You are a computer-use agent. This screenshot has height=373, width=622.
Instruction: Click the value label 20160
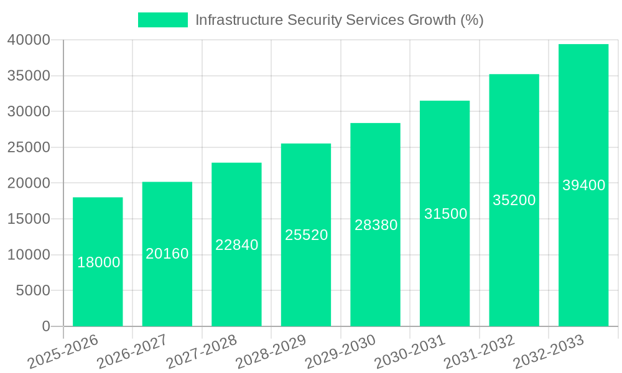167,254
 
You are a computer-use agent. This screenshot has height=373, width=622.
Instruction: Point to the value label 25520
306,235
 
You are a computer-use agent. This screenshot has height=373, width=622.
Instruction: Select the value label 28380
376,225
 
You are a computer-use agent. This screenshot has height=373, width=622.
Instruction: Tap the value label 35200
514,200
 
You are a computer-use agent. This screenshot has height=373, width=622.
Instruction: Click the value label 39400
583,185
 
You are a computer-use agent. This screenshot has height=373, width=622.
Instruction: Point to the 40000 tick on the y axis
28,40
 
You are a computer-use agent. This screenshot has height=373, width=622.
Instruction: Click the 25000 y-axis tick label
28,148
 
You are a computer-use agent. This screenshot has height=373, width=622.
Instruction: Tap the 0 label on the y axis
45,326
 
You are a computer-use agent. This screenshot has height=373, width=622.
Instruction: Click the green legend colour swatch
162,20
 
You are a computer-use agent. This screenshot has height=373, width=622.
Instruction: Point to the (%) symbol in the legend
471,20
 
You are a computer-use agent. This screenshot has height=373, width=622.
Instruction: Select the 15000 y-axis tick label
28,219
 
